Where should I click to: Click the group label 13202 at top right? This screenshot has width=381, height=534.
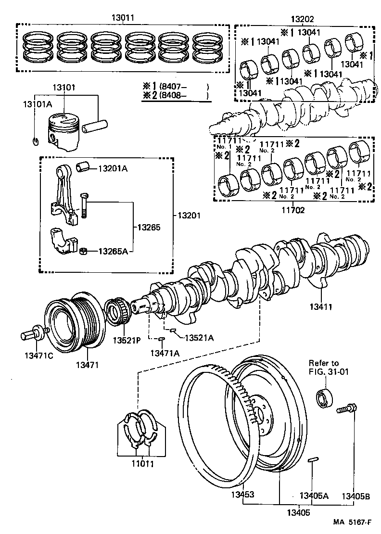click(x=302, y=19)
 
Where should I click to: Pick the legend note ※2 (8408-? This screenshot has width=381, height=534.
click(x=175, y=95)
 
